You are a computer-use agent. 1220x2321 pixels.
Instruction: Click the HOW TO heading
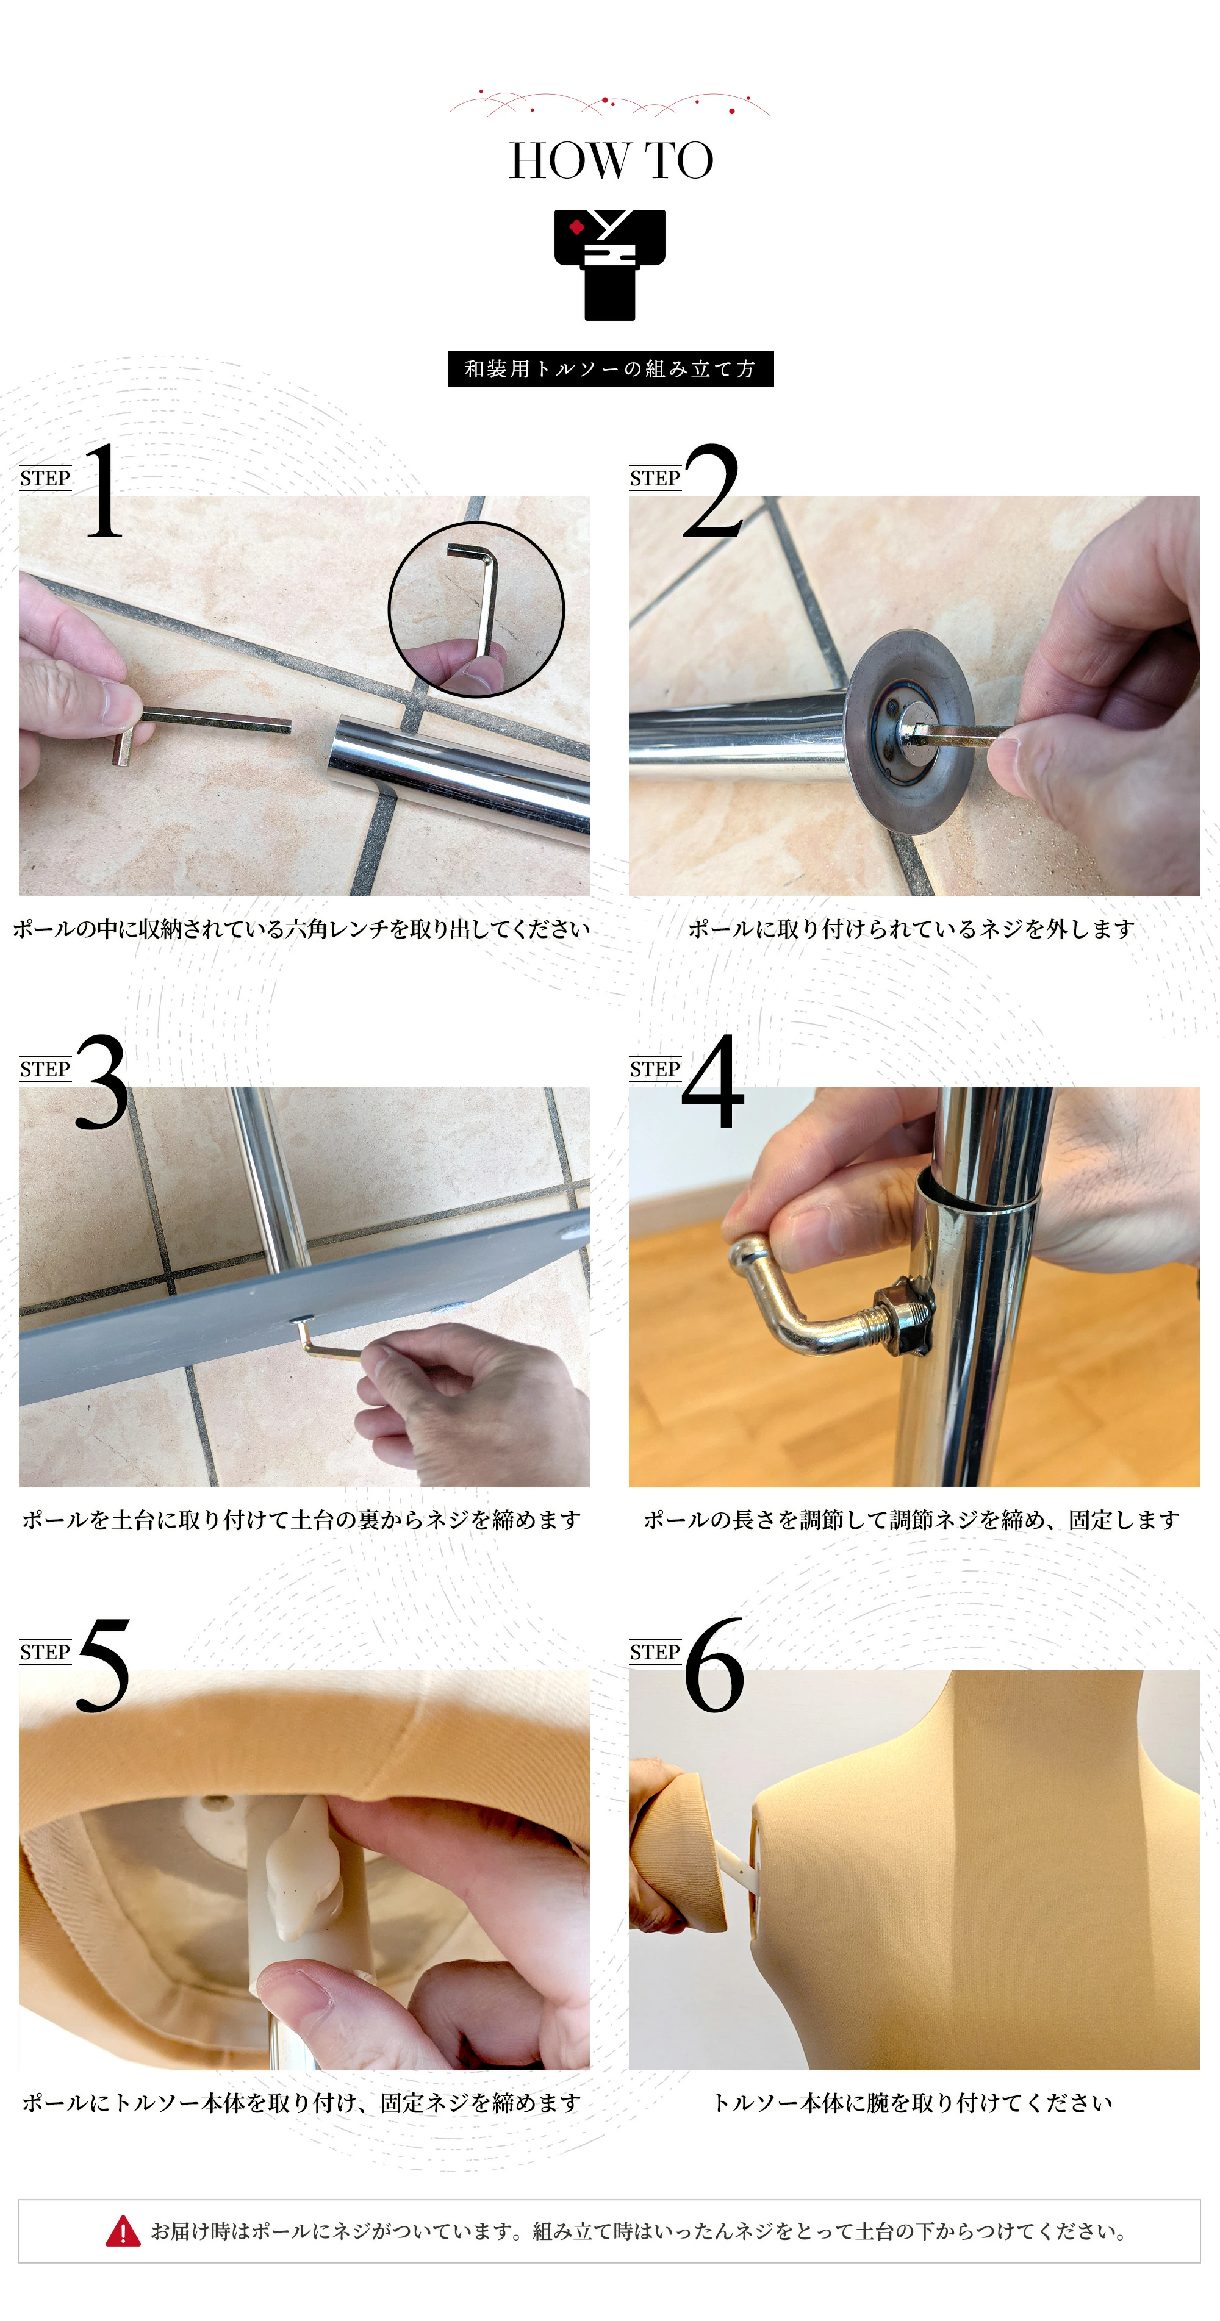click(x=611, y=161)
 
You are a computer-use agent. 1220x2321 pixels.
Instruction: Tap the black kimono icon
click(x=610, y=265)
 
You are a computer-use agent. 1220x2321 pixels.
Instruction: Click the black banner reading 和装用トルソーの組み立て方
click(x=611, y=368)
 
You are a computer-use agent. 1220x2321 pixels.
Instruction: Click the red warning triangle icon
click(x=123, y=2232)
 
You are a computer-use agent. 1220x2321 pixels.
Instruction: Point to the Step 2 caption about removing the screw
click(x=911, y=929)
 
